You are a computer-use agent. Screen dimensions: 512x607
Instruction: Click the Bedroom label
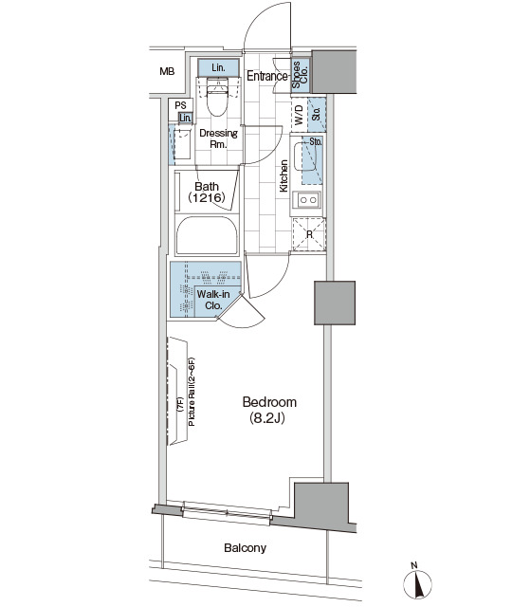pyautogui.click(x=269, y=402)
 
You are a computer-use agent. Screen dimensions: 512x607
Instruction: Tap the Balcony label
pyautogui.click(x=245, y=548)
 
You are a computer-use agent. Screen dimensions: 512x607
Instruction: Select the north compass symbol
pyautogui.click(x=417, y=583)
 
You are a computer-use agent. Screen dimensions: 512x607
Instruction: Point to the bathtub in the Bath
pyautogui.click(x=207, y=235)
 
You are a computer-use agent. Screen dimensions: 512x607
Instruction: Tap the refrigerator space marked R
pyautogui.click(x=309, y=234)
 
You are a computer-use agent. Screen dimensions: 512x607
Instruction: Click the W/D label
pyautogui.click(x=299, y=116)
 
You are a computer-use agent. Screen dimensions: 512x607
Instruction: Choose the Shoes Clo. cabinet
pyautogui.click(x=301, y=75)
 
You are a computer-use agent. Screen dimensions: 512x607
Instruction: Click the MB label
pyautogui.click(x=167, y=72)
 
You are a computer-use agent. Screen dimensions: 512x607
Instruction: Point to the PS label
pyautogui.click(x=180, y=105)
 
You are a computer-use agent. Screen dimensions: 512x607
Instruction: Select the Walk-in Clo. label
pyautogui.click(x=213, y=300)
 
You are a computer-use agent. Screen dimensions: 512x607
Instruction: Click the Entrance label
pyautogui.click(x=267, y=76)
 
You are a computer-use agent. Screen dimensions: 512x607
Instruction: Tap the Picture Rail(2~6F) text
pyautogui.click(x=192, y=392)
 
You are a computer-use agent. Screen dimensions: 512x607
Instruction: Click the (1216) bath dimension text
pyautogui.click(x=207, y=198)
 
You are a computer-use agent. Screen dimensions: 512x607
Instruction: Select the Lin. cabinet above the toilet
pyautogui.click(x=218, y=67)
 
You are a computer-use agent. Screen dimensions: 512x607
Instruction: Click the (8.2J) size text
pyautogui.click(x=267, y=417)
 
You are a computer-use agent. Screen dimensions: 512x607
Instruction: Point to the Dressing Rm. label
pyautogui.click(x=218, y=138)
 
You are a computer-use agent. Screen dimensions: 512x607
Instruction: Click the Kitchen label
pyautogui.click(x=283, y=175)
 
